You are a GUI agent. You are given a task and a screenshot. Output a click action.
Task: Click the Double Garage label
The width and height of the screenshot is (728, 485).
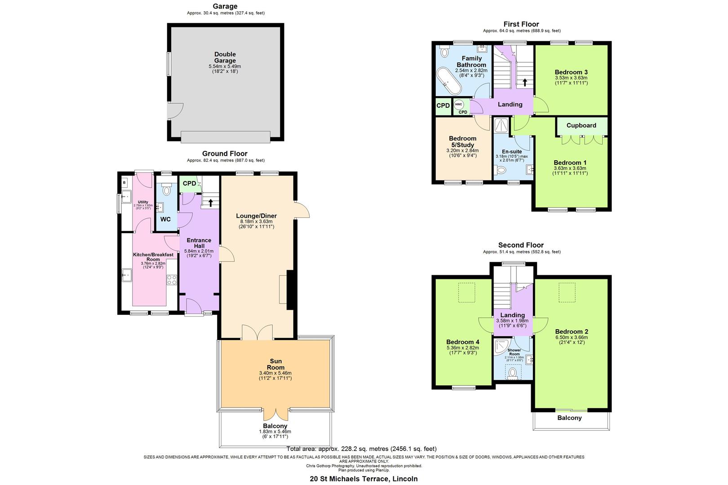pyautogui.click(x=225, y=57)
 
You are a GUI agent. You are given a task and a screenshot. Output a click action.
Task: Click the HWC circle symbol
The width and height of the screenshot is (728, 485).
pyautogui.click(x=458, y=104)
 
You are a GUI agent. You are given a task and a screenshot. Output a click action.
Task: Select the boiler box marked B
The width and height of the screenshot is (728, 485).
pyautogui.click(x=124, y=182)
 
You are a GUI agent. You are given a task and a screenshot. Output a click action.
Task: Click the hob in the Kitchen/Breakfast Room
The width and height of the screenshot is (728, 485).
pyautogui.click(x=172, y=280)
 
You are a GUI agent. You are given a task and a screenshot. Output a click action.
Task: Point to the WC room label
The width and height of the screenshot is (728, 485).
pyautogui.click(x=165, y=220)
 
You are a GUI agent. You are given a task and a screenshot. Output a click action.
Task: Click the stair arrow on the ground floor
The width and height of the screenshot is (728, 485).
pyautogui.click(x=210, y=202)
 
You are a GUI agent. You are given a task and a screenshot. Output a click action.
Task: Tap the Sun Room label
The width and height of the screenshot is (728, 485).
pyautogui.click(x=275, y=364)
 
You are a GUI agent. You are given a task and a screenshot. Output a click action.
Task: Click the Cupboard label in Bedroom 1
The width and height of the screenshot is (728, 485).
pyautogui.click(x=581, y=125)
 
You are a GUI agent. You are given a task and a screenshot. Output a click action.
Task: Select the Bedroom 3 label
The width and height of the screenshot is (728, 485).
pyautogui.click(x=571, y=72)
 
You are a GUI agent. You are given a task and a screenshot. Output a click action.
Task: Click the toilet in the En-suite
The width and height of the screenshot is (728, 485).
pyautogui.click(x=500, y=170)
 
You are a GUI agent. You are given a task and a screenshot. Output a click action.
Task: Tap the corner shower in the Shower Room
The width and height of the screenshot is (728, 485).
pyautogui.click(x=500, y=347)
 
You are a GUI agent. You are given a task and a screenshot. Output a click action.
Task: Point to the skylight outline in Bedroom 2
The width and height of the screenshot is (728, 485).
pyautogui.click(x=567, y=291)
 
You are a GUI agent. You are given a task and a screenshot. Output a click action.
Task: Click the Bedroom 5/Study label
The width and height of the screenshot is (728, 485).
pyautogui.click(x=462, y=141)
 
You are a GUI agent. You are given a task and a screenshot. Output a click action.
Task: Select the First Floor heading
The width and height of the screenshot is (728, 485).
pyautogui.click(x=521, y=24)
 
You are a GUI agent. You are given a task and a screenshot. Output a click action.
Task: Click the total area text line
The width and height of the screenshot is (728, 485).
pyautogui.click(x=361, y=449)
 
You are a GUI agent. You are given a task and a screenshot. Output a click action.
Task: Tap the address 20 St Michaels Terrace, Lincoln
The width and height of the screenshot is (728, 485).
pyautogui.click(x=364, y=479)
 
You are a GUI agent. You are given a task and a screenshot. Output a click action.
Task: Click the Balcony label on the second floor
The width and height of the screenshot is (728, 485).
pyautogui.click(x=569, y=418)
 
